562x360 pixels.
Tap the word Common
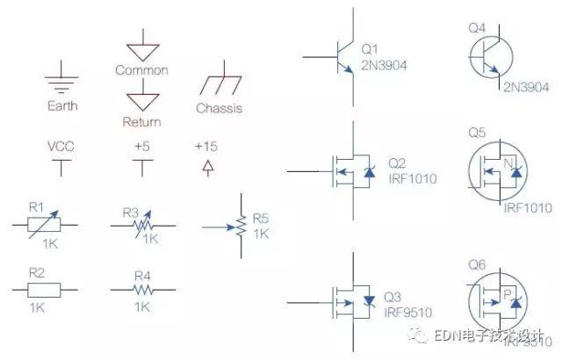point(141,69)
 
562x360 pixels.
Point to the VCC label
point(61,146)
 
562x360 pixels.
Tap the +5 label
point(141,146)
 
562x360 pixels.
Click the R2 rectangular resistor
point(37,287)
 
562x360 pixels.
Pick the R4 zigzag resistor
point(141,289)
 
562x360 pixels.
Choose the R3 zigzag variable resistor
point(141,227)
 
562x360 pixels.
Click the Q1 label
point(370,48)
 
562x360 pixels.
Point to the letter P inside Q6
point(507,292)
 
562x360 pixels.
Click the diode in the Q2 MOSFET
point(369,173)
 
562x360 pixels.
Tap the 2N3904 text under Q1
point(385,63)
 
